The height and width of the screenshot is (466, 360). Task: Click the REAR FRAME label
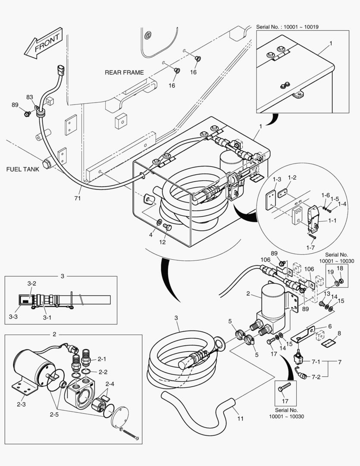[x=124, y=72]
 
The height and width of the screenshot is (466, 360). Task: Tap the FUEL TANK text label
[x=22, y=169]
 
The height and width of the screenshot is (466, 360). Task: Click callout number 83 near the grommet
[x=30, y=97]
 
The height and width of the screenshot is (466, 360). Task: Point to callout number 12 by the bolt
[x=162, y=242]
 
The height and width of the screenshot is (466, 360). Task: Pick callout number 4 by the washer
[x=151, y=235]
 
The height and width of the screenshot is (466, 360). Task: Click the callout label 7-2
[x=316, y=377]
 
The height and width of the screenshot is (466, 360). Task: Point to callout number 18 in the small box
[x=340, y=268]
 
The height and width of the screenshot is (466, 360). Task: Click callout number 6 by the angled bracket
[x=329, y=327]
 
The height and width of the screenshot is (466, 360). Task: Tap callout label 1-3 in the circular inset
[x=276, y=178]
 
